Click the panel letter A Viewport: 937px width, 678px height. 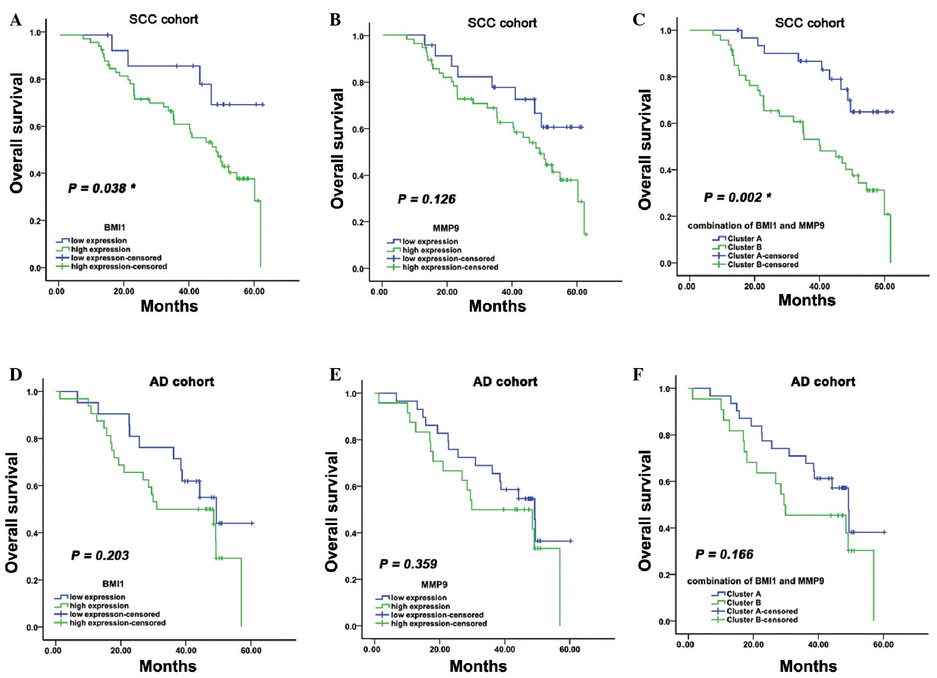pos(16,20)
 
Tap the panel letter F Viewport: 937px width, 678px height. pos(638,375)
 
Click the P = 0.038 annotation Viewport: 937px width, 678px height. pos(101,188)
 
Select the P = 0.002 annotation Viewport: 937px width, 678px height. pos(737,197)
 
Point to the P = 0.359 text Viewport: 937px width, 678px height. pos(408,564)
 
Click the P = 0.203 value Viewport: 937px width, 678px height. pos(100,555)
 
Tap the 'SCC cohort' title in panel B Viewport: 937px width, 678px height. pos(502,23)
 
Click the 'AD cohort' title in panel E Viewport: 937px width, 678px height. pos(505,382)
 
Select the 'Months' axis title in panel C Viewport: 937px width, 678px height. pos(807,300)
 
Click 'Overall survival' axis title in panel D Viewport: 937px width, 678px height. pos(12,512)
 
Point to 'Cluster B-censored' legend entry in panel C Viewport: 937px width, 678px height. pos(762,264)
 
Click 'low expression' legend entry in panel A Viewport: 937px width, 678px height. pos(99,241)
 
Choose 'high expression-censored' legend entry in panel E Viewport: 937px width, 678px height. pos(439,623)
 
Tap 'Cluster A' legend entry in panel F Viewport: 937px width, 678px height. pos(744,594)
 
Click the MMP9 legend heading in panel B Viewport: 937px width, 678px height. pos(446,228)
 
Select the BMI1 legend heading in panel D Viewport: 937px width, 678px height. pos(113,584)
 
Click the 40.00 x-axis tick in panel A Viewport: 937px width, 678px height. pos(189,291)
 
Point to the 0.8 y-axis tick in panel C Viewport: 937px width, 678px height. pos(666,78)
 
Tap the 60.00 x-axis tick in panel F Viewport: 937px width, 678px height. pos(883,644)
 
